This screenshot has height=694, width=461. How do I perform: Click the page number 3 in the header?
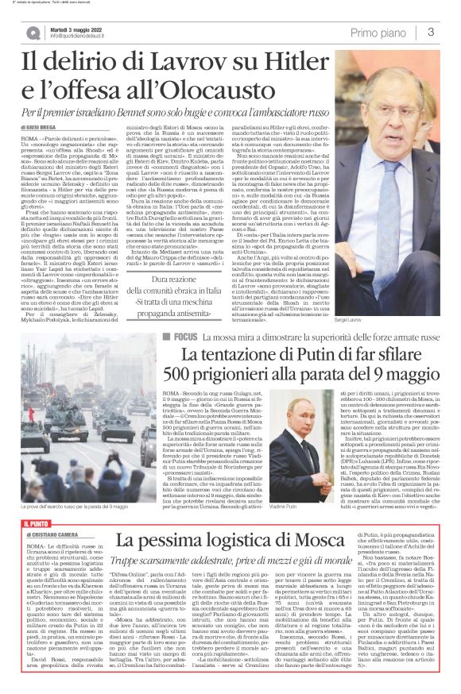[430, 32]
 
